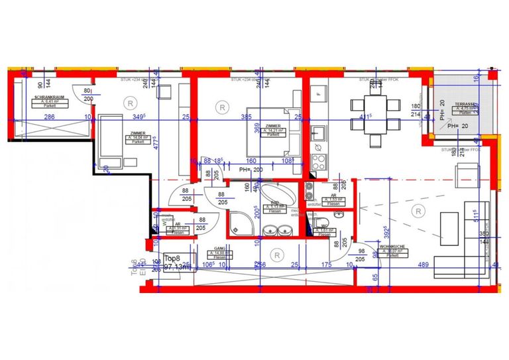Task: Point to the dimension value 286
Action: point(49,117)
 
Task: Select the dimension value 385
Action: point(247,117)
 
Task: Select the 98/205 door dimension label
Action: point(361,256)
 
